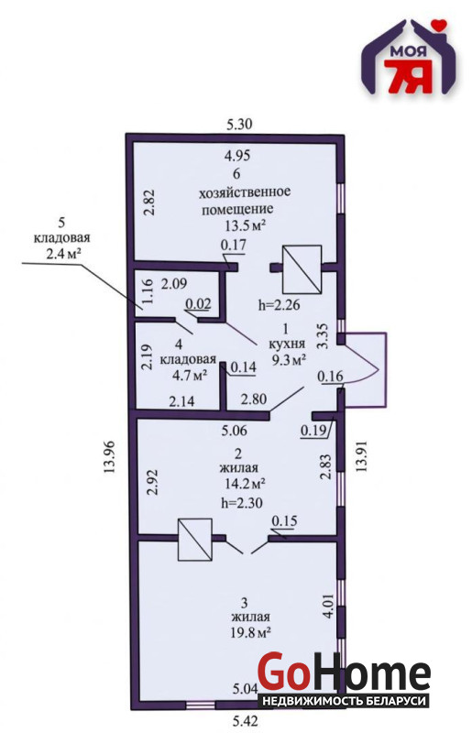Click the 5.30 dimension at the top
pos(239,125)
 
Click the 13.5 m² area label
pos(246,226)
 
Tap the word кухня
pos(287,345)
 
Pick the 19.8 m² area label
pos(251,633)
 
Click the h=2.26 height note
pos(280,305)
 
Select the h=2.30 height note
pos(242,502)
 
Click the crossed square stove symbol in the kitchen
pos(302,268)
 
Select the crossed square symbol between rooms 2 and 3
pos(195,540)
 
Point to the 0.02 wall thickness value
pos(198,304)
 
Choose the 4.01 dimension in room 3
pos(328,607)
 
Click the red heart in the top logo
pos(439,24)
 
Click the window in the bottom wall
pos(201,704)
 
